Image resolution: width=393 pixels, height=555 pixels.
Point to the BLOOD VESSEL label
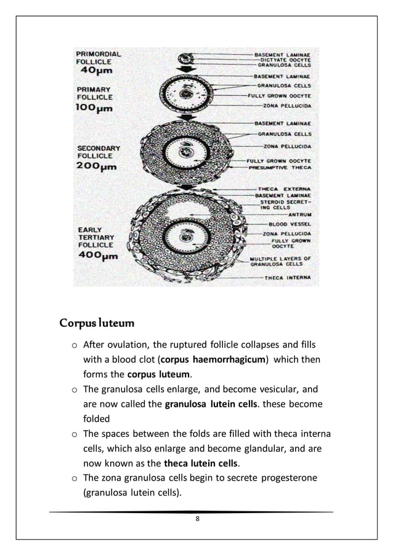294,225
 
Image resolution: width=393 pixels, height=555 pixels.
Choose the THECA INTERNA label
291,277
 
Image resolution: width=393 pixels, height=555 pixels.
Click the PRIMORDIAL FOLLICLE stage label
98,57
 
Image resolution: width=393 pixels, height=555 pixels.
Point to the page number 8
197,521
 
